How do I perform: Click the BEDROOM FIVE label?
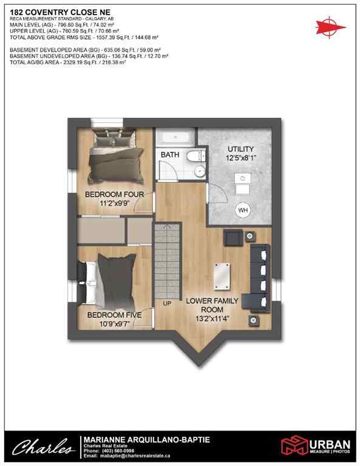(114, 315)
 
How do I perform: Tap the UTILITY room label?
(240, 149)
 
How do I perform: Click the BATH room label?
(170, 155)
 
